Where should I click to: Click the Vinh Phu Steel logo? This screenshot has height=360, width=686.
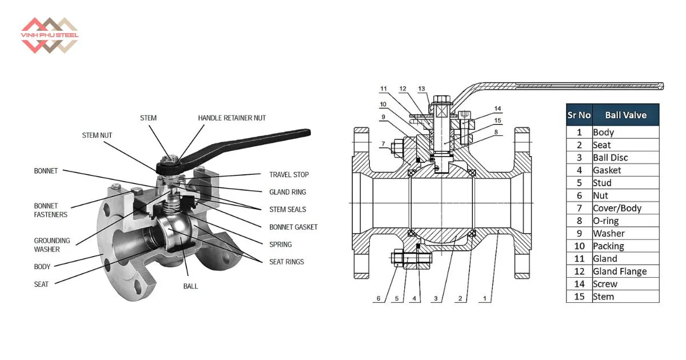click(x=49, y=35)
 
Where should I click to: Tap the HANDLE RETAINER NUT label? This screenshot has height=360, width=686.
click(x=232, y=118)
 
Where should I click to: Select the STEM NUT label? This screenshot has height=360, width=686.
click(x=97, y=135)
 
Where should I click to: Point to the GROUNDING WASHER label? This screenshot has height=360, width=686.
click(x=52, y=245)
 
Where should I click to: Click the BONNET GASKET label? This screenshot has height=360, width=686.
click(x=293, y=227)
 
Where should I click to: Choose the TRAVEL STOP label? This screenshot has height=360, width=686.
click(x=289, y=175)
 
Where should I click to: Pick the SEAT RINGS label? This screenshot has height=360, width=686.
click(x=286, y=262)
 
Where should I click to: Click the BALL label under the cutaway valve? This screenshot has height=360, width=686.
click(x=190, y=286)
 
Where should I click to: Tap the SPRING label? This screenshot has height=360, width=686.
click(x=281, y=245)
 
